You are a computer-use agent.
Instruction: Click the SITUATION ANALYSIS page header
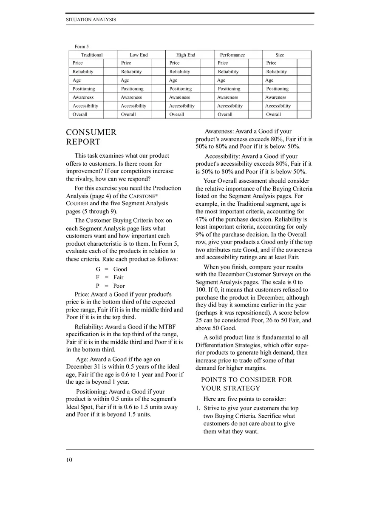tap(91, 20)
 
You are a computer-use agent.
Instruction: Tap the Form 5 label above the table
tap(82, 46)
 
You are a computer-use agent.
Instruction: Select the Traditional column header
tap(92, 55)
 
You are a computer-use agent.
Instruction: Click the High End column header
tap(186, 55)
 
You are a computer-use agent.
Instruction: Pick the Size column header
tap(280, 55)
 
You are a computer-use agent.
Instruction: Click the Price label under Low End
tap(126, 63)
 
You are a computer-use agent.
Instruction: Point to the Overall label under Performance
tap(225, 114)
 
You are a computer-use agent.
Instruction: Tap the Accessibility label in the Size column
tap(278, 106)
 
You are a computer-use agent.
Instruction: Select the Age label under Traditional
tap(77, 80)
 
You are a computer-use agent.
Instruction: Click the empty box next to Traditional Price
tap(110, 63)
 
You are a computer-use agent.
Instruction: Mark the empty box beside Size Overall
tap(304, 114)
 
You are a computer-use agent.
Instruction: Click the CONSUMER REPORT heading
tap(91, 137)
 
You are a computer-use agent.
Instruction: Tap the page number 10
tap(69, 459)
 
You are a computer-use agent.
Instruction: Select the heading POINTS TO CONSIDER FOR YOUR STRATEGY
tap(246, 384)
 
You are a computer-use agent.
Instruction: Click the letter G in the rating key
tap(98, 269)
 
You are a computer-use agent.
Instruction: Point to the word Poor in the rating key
tap(119, 286)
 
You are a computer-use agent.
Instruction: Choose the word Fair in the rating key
tap(119, 278)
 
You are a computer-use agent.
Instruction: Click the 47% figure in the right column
tap(202, 219)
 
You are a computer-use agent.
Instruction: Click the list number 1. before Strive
tap(198, 408)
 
